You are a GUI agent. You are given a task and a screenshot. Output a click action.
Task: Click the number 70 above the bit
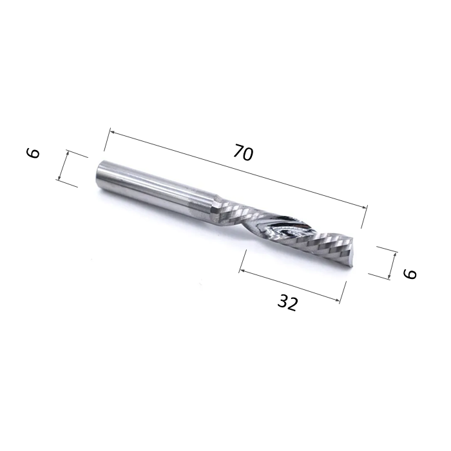click(x=244, y=153)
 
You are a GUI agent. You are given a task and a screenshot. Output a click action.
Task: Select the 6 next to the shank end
click(x=34, y=153)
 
